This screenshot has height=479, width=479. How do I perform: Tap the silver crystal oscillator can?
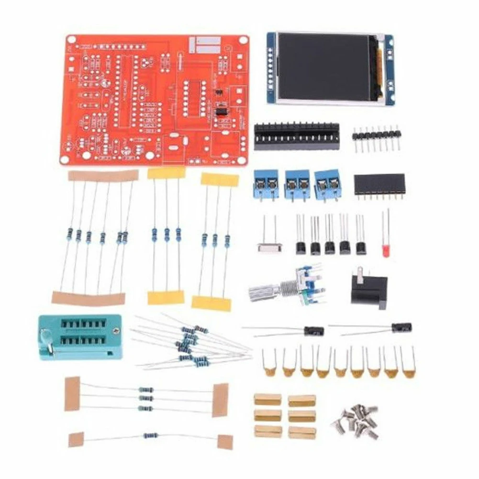269,247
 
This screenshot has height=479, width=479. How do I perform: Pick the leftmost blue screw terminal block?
266,185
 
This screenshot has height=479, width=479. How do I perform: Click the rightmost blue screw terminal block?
328,184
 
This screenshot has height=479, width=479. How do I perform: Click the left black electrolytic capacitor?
313,331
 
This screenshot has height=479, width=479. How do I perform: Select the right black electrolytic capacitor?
401,328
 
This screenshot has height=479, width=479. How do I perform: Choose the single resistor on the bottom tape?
150,435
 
